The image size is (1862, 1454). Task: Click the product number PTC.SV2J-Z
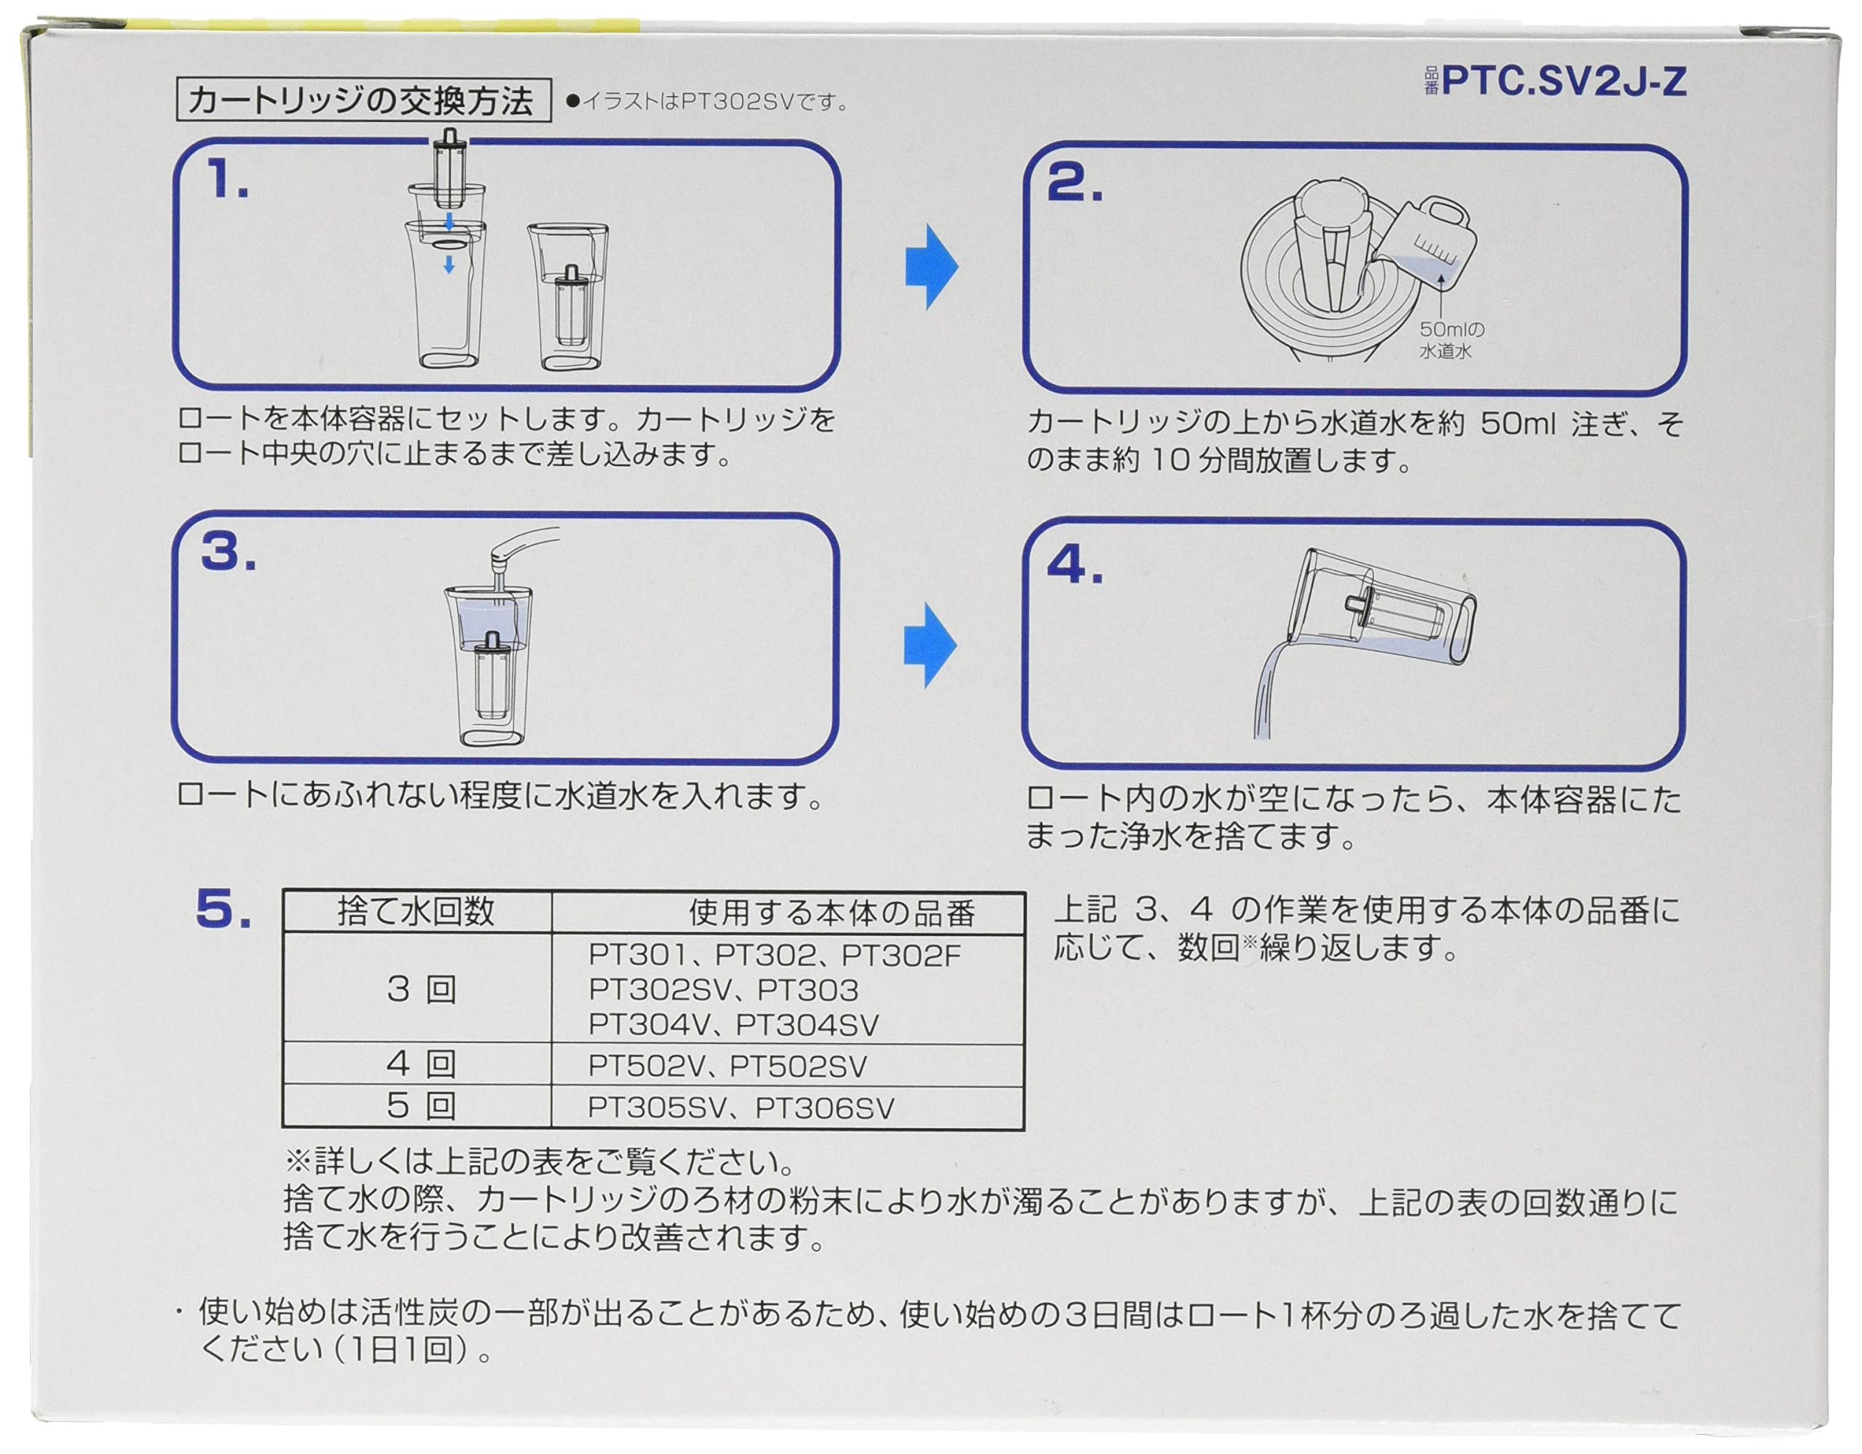[1564, 83]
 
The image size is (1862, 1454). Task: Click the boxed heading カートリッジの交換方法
[361, 100]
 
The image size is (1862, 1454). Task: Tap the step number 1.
[228, 182]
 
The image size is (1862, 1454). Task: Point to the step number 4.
[1074, 565]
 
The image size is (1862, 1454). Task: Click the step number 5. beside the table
[223, 910]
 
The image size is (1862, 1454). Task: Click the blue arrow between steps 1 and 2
[931, 267]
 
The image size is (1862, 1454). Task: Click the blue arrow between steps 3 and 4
[930, 646]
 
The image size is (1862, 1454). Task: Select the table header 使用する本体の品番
[831, 914]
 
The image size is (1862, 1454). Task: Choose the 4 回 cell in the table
[421, 1064]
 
